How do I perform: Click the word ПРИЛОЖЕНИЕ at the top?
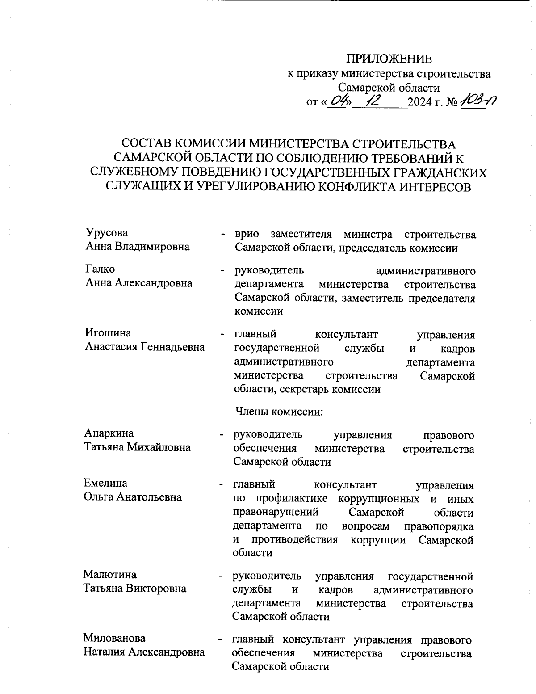(x=389, y=59)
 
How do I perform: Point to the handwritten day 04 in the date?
(x=337, y=102)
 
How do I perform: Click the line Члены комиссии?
(x=278, y=411)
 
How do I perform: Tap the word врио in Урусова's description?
(x=247, y=234)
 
